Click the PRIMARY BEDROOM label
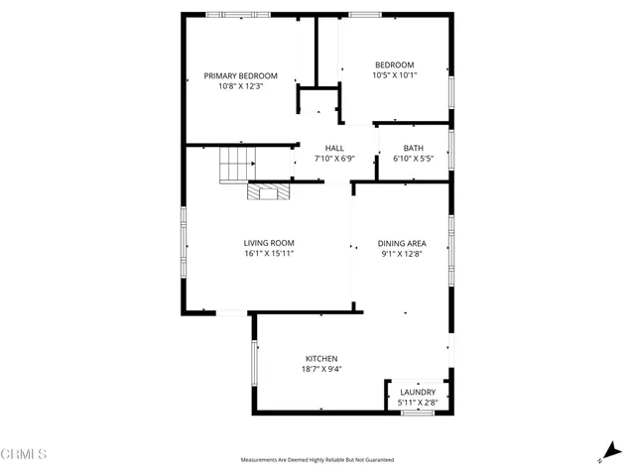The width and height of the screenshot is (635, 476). pos(240,75)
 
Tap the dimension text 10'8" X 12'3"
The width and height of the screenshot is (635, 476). pos(240,86)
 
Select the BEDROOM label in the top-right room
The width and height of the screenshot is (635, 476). pos(394,64)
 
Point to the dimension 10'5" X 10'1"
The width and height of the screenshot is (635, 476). pos(394,75)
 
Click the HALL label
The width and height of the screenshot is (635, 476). pos(334,148)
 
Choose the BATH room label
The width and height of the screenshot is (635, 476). pos(414,148)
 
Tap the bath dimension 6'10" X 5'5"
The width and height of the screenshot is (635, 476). pos(414,159)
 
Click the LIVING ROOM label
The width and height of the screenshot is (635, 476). pos(269,243)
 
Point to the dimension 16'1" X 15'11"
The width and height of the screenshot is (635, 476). pos(269,254)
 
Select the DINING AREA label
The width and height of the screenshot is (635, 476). pos(402,243)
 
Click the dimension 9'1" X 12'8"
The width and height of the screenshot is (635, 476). pos(402,254)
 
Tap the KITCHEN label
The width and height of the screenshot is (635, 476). pos(321,358)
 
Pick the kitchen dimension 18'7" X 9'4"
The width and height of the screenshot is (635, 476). pos(321,369)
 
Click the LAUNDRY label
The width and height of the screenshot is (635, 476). pos(418,392)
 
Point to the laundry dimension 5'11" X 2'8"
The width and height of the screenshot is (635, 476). pos(418,403)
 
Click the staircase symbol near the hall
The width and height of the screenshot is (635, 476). pos(237,164)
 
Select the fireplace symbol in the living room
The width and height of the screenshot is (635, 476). pos(268,191)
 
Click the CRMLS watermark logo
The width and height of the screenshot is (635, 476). pos(25,455)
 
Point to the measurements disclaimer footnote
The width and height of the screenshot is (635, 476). pos(317,460)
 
